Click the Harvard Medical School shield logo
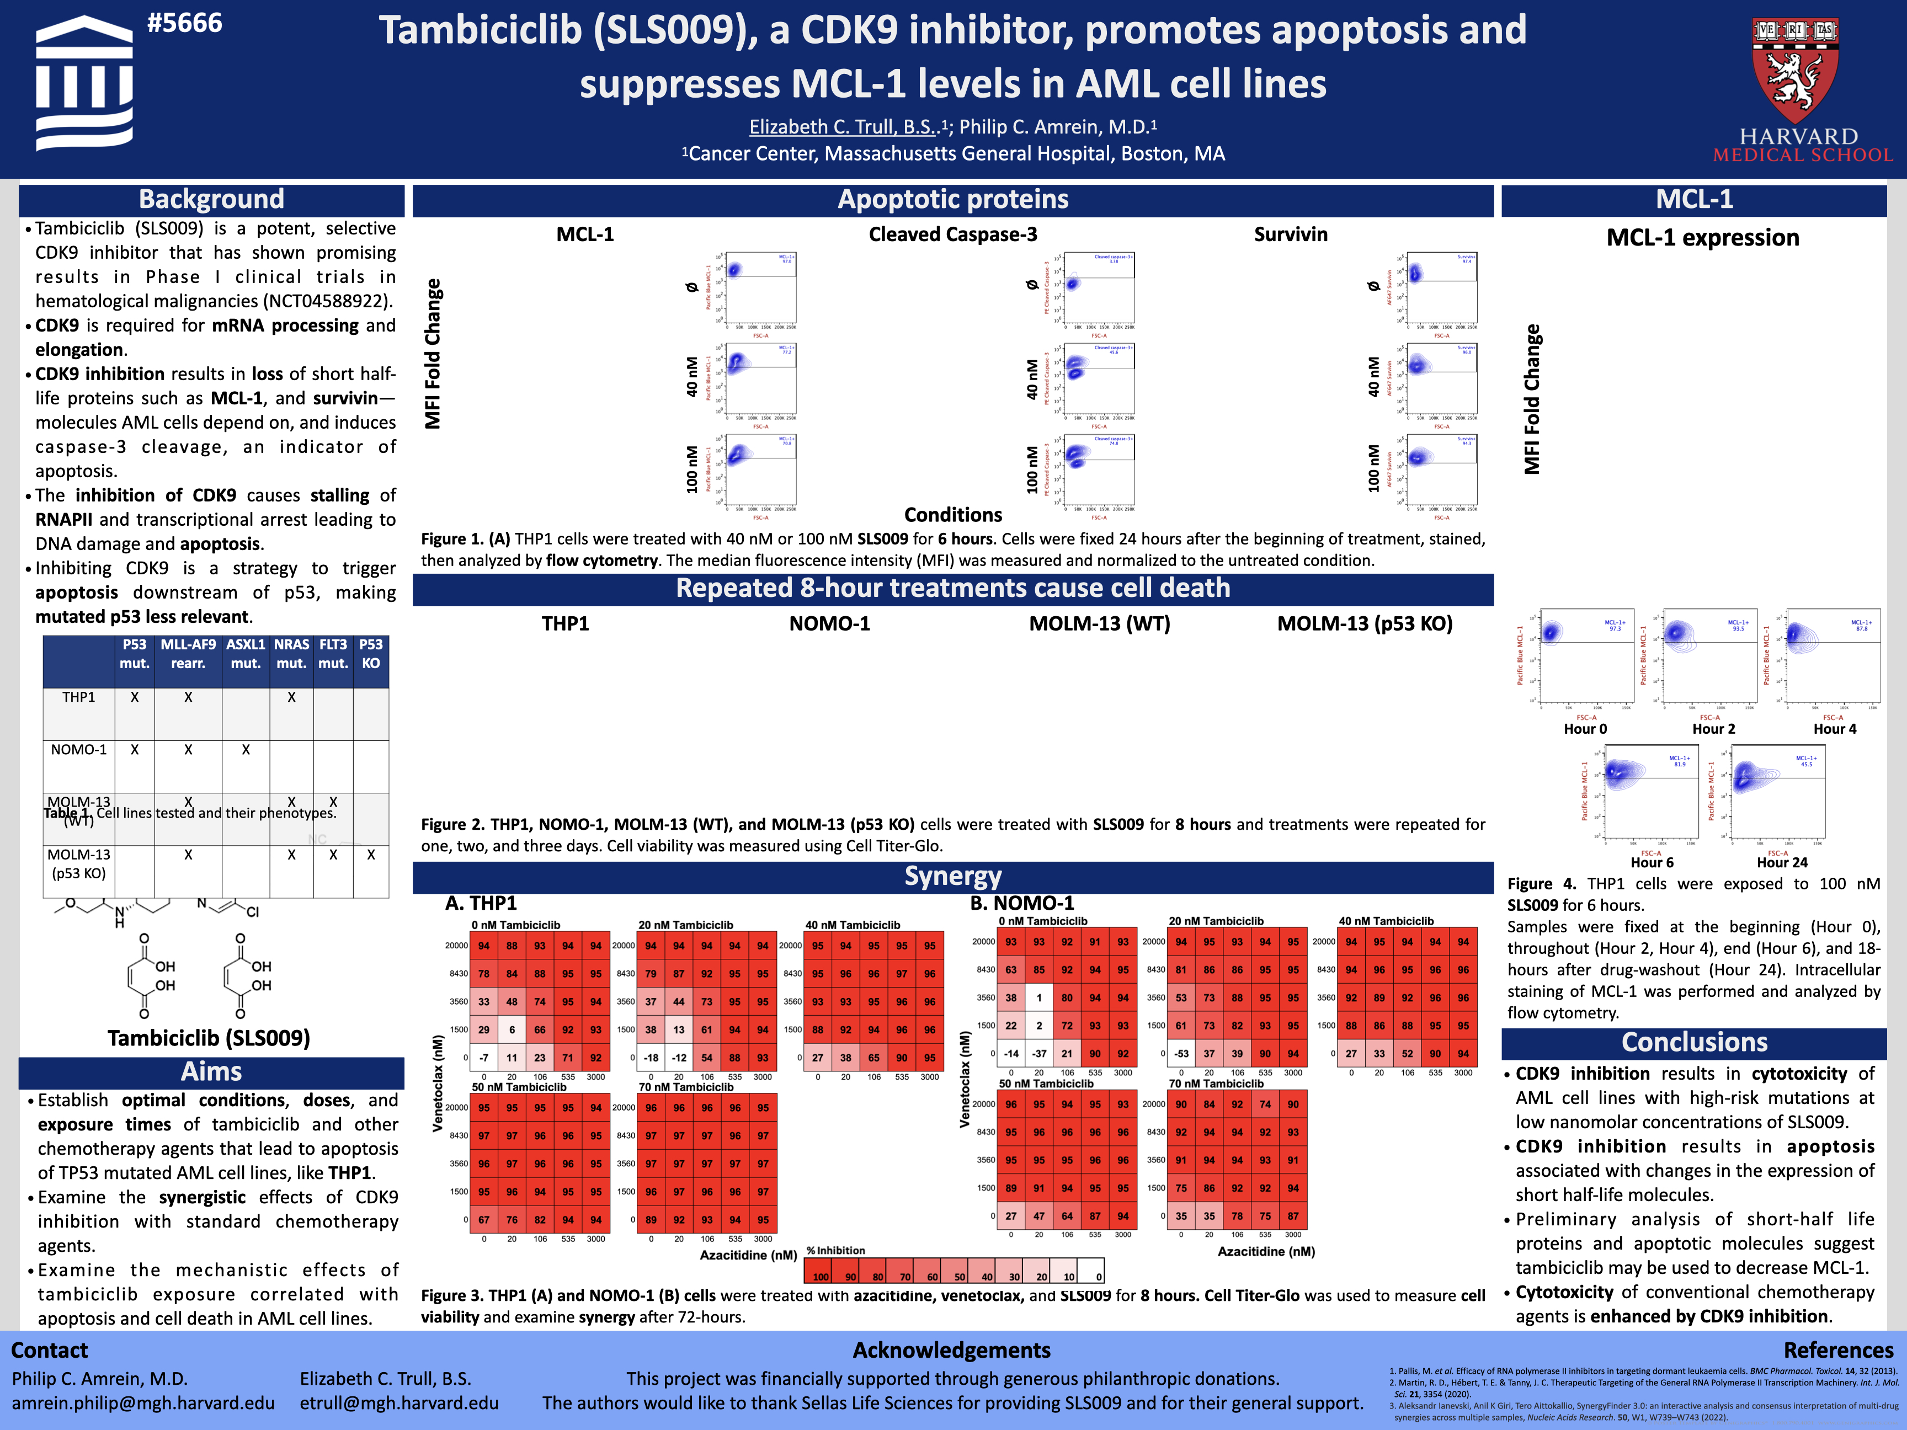(x=1795, y=69)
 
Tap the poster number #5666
(x=184, y=23)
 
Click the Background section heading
(x=211, y=199)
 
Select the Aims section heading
(x=211, y=1071)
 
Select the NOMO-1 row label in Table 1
(x=78, y=750)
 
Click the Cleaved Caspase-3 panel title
(x=952, y=234)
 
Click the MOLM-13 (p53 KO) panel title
(x=1364, y=623)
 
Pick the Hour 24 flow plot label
(x=1782, y=862)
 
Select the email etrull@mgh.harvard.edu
(x=399, y=1404)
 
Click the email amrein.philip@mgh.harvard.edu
(x=143, y=1404)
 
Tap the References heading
(x=1838, y=1351)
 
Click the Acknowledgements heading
(x=952, y=1351)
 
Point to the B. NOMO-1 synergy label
(x=1021, y=903)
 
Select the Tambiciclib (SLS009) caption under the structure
(x=209, y=1038)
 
